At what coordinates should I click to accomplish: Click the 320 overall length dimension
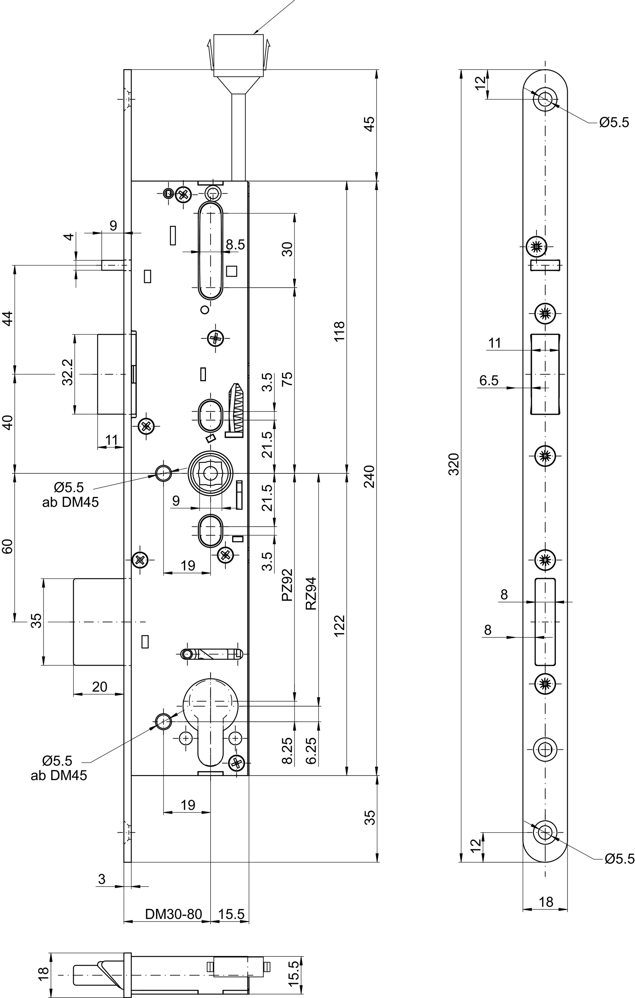coord(455,464)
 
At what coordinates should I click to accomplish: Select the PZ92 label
coord(287,585)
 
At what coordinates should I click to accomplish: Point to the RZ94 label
coord(311,593)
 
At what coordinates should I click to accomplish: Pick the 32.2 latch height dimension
coord(68,372)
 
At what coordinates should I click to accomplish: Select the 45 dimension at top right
coord(369,124)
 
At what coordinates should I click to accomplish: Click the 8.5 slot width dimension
coord(236,245)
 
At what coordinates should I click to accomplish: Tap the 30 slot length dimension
coord(287,249)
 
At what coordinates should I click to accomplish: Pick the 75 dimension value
coord(287,379)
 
